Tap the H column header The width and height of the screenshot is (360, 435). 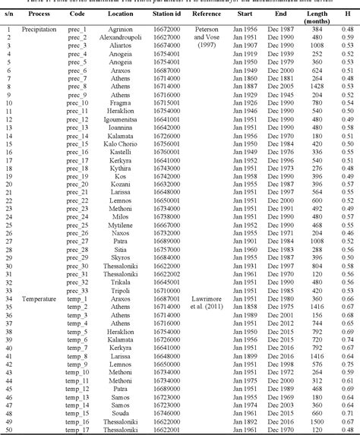point(346,14)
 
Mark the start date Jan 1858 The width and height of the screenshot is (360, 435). point(242,307)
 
